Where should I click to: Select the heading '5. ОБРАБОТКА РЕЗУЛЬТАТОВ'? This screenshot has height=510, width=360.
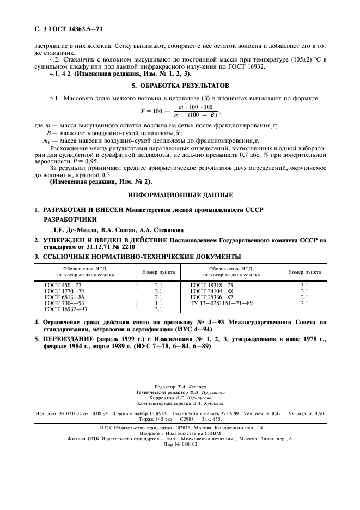(180, 86)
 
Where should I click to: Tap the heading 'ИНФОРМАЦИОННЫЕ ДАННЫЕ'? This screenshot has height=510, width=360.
(180, 195)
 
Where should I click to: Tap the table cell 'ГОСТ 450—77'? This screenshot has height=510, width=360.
(63, 284)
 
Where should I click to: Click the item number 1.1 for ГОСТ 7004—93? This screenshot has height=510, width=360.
(158, 303)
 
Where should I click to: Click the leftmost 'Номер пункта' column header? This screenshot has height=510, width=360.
(158, 271)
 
